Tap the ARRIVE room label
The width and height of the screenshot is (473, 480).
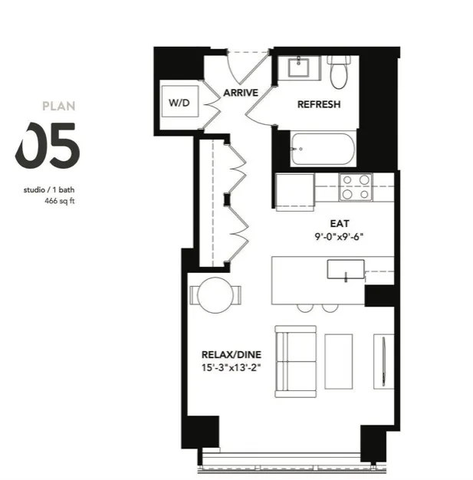pyautogui.click(x=239, y=94)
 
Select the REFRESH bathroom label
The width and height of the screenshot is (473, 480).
pyautogui.click(x=318, y=104)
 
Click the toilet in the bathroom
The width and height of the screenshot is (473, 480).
pyautogui.click(x=337, y=71)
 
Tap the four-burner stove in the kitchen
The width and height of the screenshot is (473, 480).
pyautogui.click(x=355, y=187)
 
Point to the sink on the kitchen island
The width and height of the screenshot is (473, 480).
pyautogui.click(x=346, y=270)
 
